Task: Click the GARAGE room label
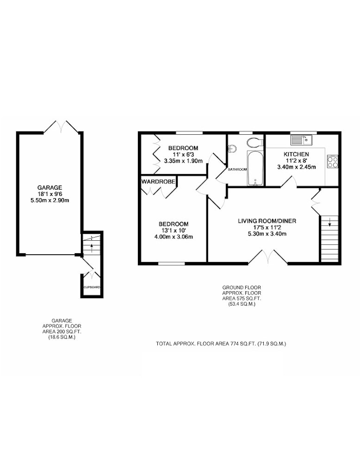50,188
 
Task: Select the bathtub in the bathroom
255,169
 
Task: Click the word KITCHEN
296,154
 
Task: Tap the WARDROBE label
158,181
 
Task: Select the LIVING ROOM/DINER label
267,221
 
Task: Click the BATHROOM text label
237,169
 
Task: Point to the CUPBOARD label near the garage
93,287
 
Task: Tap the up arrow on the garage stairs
92,248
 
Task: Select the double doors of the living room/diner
267,257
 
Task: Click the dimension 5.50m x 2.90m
50,200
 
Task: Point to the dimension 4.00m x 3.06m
174,237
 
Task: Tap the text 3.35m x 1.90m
183,161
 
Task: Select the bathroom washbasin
232,149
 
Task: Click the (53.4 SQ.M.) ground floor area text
242,304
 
